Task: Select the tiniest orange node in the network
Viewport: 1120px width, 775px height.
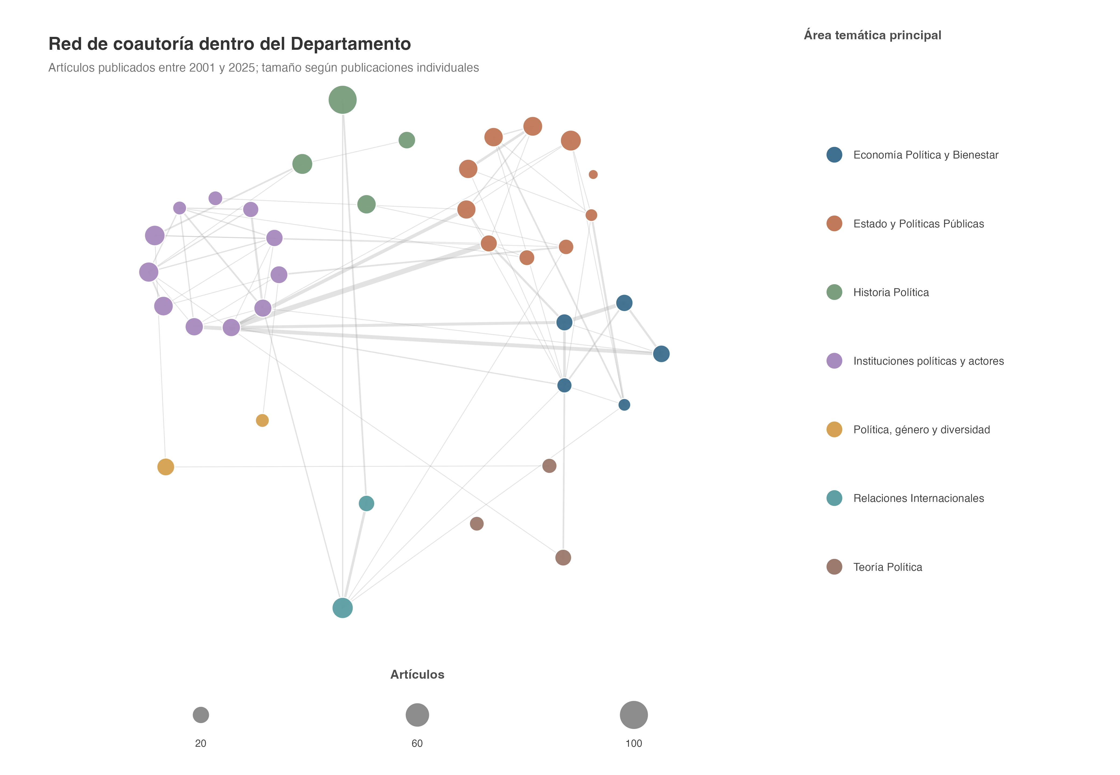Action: tap(593, 174)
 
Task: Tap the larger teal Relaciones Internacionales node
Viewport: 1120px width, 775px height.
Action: tap(342, 608)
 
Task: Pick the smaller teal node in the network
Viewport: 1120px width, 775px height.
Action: tap(366, 503)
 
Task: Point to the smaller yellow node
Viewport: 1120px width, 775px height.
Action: tap(262, 421)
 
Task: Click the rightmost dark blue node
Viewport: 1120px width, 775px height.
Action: tap(661, 354)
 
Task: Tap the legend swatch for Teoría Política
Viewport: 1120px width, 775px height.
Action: tap(834, 567)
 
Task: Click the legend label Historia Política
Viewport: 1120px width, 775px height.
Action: tap(891, 292)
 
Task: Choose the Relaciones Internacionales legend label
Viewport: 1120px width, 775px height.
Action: tap(918, 498)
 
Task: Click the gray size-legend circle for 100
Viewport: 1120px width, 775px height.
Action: tap(634, 715)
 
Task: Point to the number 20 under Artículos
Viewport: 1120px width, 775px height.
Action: tap(201, 744)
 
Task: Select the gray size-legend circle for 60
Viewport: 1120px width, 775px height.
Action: tap(417, 715)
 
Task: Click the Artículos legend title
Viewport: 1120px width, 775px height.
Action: tap(417, 674)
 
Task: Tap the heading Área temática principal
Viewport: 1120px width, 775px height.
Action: tap(872, 35)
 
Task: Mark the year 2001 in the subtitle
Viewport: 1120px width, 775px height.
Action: tap(202, 68)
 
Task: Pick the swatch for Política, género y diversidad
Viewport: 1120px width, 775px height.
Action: tap(834, 429)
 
